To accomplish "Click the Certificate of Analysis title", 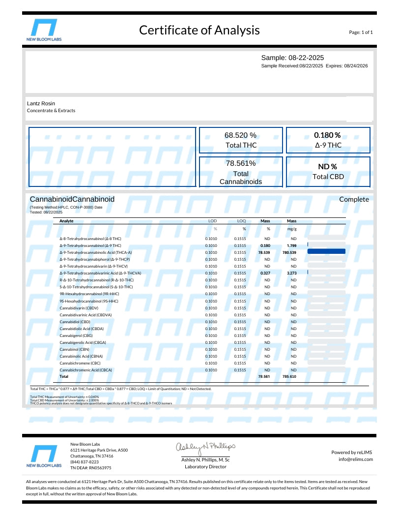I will [x=199, y=30].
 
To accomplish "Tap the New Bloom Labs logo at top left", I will [x=44, y=30].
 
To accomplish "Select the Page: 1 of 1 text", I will [x=361, y=32].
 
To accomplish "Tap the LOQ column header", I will [x=241, y=221].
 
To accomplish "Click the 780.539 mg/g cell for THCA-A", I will [x=289, y=252].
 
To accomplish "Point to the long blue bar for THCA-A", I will [x=326, y=251].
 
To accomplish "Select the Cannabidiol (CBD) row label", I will [x=75, y=321].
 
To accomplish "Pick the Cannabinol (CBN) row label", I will [x=74, y=349].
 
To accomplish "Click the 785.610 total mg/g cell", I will [x=289, y=376].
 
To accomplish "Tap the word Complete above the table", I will [x=354, y=199].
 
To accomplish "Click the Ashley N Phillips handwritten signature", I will [x=205, y=447].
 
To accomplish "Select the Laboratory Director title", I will [x=205, y=466].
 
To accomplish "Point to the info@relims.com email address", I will [x=356, y=459].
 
